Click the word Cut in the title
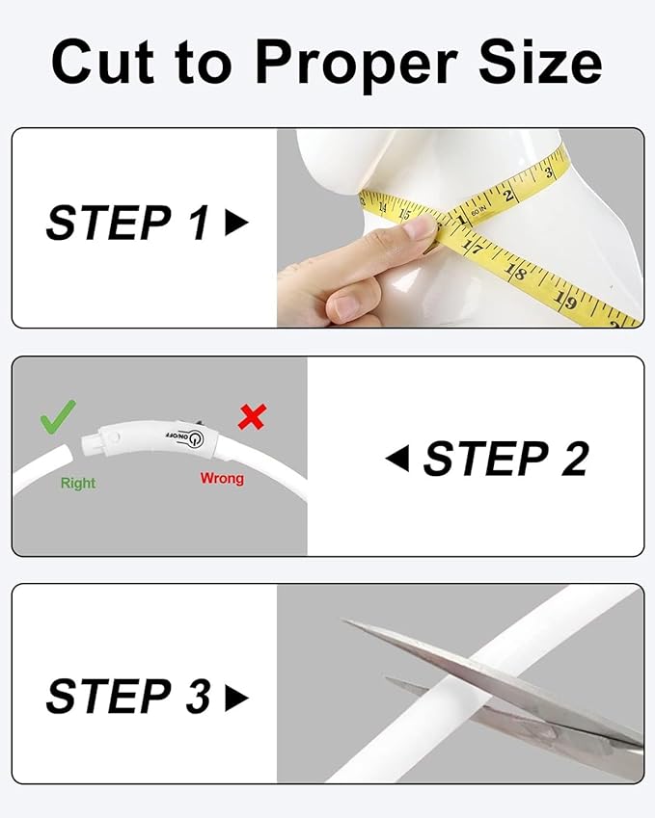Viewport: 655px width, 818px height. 103,62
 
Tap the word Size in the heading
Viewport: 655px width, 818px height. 540,62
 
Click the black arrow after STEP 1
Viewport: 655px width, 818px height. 236,223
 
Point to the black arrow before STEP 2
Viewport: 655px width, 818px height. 397,459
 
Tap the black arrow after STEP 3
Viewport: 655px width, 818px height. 236,699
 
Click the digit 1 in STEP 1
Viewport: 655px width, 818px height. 199,223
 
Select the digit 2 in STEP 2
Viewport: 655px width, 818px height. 575,459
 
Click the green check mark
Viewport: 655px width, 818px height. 58,416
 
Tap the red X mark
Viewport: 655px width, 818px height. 253,416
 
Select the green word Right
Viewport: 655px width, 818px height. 78,483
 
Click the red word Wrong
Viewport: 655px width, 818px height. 222,478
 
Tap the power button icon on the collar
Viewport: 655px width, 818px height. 196,439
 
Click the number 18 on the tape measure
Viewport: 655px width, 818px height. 515,272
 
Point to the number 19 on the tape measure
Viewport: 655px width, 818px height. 565,301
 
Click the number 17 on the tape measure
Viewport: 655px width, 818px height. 474,246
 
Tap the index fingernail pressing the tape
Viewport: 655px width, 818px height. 421,228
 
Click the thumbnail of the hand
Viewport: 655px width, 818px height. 346,307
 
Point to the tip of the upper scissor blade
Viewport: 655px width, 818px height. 342,620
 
